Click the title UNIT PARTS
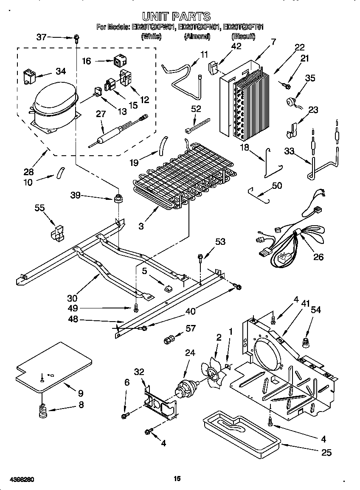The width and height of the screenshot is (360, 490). coord(176,17)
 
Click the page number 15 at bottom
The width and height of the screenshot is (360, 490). coord(177,479)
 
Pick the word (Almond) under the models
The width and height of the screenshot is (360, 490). coord(197,37)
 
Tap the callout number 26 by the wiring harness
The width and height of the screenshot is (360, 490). coord(318,257)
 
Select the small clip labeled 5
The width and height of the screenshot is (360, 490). coord(168,288)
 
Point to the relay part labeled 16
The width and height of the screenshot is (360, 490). coord(118,62)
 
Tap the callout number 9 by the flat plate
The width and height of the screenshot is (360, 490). coord(80,393)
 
